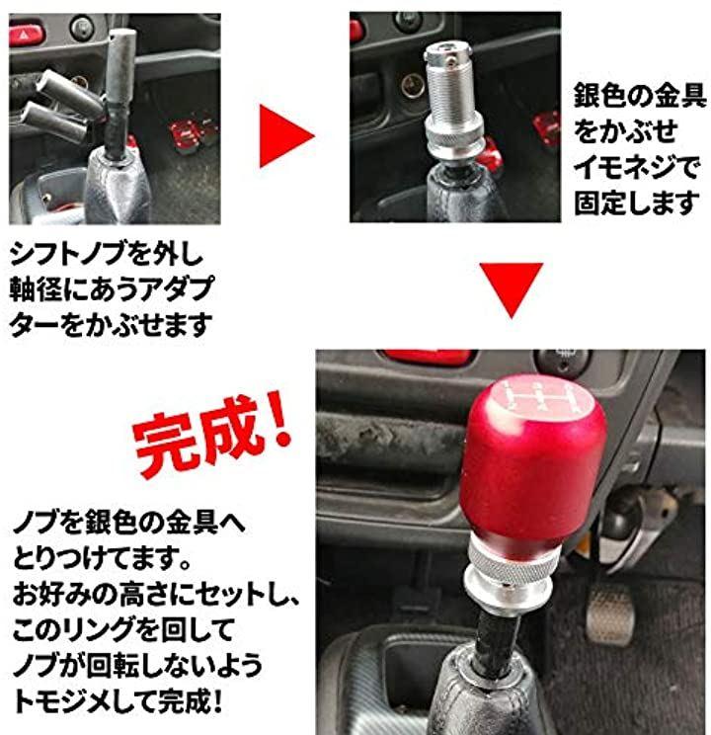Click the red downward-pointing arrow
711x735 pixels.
click(x=512, y=286)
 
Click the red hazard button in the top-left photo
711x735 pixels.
click(x=27, y=34)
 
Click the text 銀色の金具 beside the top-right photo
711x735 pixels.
click(x=640, y=96)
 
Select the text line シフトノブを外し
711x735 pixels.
click(x=107, y=255)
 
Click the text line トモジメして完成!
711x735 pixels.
click(x=118, y=701)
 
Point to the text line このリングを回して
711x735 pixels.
click(x=123, y=630)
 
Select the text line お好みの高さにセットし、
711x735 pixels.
click(x=156, y=595)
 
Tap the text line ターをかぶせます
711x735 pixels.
click(x=111, y=325)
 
